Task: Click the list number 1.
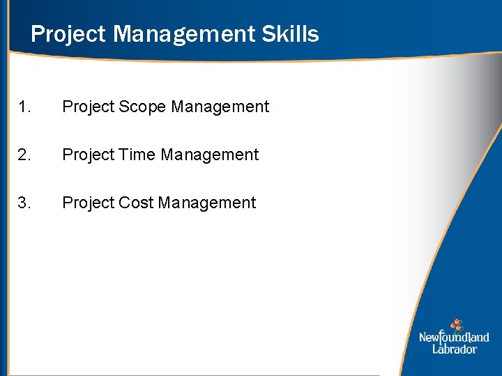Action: click(x=24, y=107)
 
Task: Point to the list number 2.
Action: click(x=24, y=155)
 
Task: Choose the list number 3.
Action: click(x=24, y=203)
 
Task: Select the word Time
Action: click(x=138, y=155)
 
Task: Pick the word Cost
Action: click(x=136, y=203)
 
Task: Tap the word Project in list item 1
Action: click(x=88, y=107)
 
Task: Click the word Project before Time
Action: click(x=88, y=155)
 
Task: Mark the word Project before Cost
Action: click(x=88, y=203)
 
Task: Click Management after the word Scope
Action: click(x=220, y=107)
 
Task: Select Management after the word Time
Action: click(x=209, y=155)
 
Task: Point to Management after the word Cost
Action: click(x=207, y=203)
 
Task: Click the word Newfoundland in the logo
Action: click(x=454, y=338)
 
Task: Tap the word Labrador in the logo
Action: click(x=455, y=349)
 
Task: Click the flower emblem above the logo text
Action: click(x=456, y=324)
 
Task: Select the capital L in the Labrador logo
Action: click(x=436, y=348)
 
